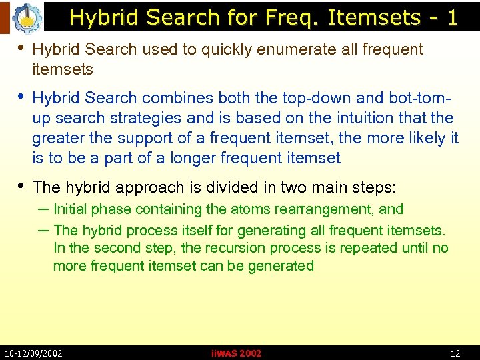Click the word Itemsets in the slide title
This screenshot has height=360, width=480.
[x=373, y=17]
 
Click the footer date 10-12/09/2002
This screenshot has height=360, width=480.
[x=33, y=353]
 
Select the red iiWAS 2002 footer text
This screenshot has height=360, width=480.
[x=236, y=353]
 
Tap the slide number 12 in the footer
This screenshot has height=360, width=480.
[x=455, y=353]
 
